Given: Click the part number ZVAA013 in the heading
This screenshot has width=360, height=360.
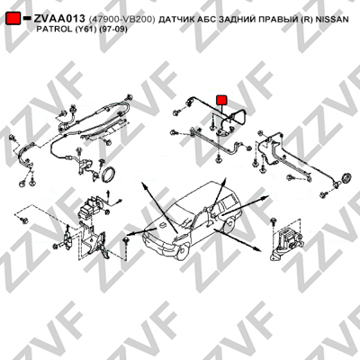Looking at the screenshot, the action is [59, 19].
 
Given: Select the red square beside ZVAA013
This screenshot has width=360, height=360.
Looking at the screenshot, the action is [13, 19].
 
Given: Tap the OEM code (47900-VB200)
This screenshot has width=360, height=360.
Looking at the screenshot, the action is [121, 20].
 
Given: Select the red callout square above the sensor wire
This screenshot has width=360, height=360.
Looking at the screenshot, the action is [221, 100].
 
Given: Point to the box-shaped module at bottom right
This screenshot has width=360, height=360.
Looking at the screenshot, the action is [286, 237].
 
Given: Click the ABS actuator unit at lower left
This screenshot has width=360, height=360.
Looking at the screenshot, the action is [89, 206].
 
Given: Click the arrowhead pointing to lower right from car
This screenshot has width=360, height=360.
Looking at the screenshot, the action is [256, 248].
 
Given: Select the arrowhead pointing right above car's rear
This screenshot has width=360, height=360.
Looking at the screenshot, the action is [265, 197].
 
